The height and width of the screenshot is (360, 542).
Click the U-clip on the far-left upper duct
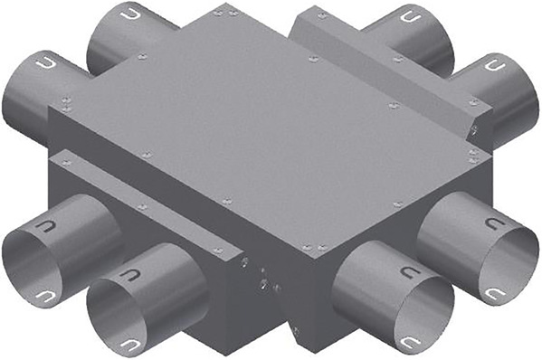45,64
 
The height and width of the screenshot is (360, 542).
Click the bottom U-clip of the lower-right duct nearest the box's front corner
413,341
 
